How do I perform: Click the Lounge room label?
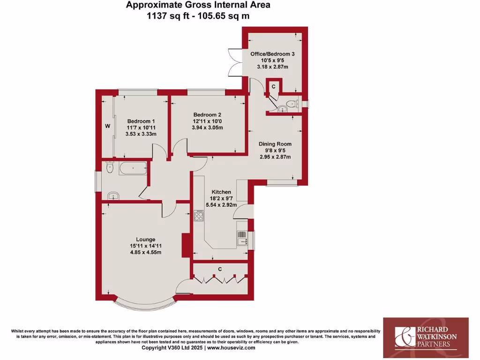point(146,239)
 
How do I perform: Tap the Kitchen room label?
point(221,192)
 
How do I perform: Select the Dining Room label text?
point(276,144)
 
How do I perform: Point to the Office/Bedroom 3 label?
point(272,54)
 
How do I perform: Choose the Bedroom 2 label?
point(207,114)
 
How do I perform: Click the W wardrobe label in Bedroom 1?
point(107,126)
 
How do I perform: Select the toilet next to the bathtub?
point(110,167)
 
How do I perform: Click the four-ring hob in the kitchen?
point(199,216)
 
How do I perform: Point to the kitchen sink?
point(242,239)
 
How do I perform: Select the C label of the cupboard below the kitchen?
point(219,269)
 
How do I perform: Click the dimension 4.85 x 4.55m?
point(146,253)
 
